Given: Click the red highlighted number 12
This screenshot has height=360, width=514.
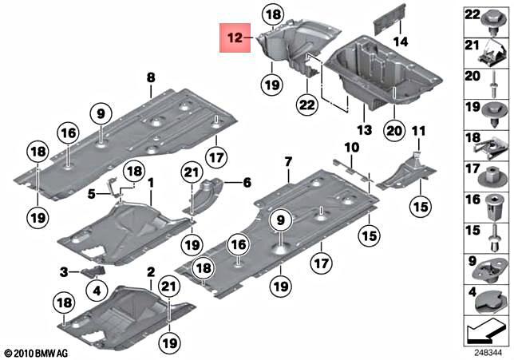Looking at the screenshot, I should coord(235,38).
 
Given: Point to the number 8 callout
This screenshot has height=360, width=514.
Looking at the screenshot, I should coord(149,77).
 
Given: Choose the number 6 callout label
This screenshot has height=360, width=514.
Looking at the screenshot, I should coord(247,182).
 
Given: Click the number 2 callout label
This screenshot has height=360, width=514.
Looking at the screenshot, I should coord(150,273).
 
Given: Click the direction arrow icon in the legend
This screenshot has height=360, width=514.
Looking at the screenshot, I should coord(486,328).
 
